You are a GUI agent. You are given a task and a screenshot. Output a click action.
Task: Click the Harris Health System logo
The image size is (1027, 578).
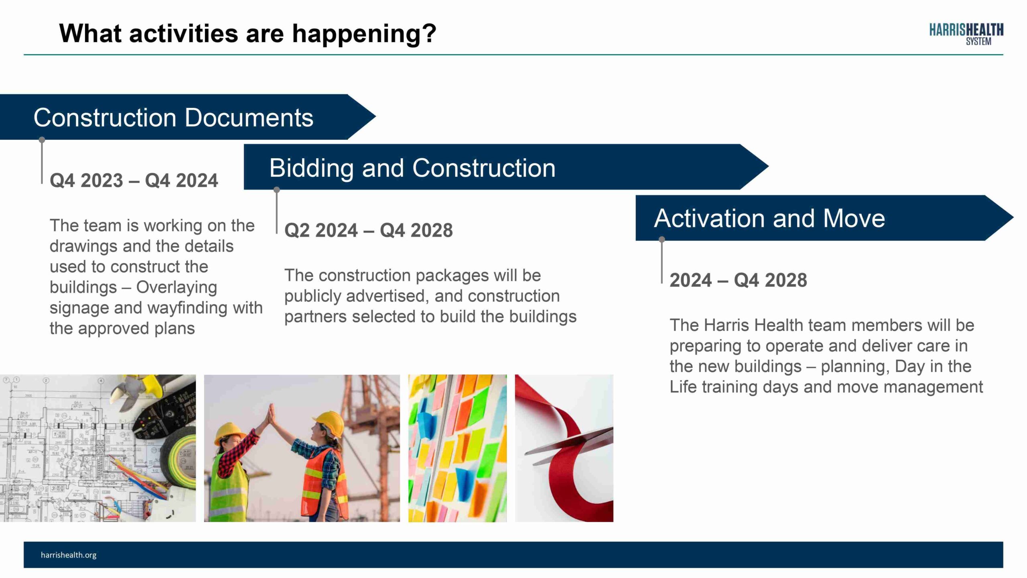pos(966,35)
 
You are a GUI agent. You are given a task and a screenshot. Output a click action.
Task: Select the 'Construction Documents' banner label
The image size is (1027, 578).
pos(173,118)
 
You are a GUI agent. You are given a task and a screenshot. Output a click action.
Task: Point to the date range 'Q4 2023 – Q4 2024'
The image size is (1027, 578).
pos(134,180)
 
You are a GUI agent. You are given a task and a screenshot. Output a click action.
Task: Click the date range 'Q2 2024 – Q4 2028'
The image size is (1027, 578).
pos(368,230)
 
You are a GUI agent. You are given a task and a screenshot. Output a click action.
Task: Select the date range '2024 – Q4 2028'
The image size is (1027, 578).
pos(738,280)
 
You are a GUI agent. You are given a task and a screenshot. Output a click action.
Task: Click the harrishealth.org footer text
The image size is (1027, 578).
pos(69,555)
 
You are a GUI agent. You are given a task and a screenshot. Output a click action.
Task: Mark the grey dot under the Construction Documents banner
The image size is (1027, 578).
pos(42,140)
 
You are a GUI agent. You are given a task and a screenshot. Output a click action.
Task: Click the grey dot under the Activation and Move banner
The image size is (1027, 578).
pos(662,240)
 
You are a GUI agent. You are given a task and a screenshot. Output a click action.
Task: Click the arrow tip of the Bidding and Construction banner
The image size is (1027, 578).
pos(768,167)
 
